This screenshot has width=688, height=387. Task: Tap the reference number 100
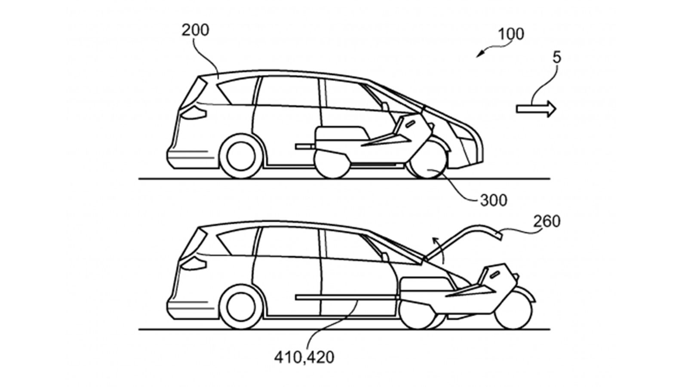point(511,34)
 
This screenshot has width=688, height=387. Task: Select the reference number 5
point(557,58)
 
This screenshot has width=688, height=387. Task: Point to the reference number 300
point(494,200)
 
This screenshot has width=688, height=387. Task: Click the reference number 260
point(547,221)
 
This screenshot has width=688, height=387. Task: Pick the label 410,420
point(304,357)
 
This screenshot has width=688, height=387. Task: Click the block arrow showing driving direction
point(536,109)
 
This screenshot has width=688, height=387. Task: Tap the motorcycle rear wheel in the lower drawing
point(417,314)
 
